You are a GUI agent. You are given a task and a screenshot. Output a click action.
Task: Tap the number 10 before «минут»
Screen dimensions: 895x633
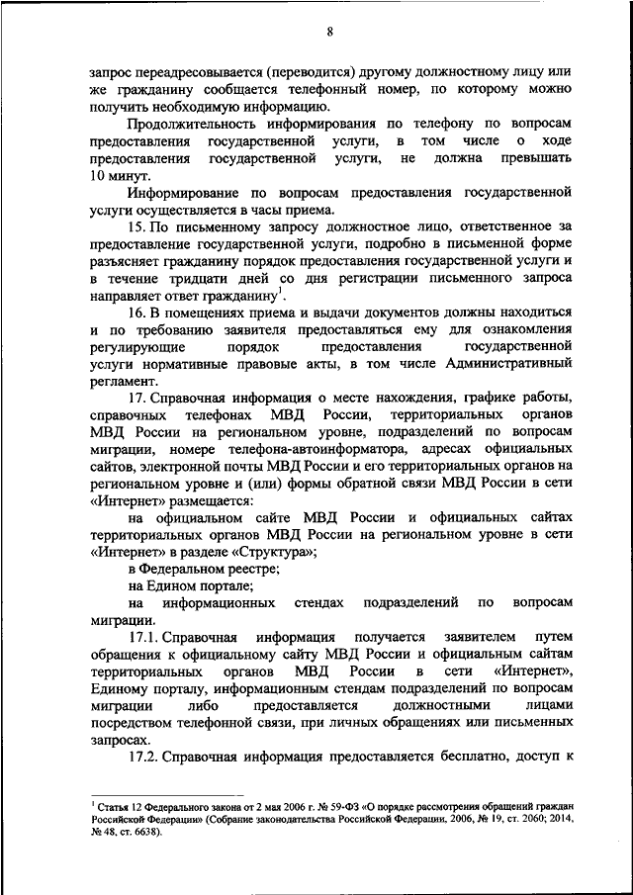pyautogui.click(x=98, y=175)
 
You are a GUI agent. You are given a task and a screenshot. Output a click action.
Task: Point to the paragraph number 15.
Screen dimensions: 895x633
pyautogui.click(x=137, y=227)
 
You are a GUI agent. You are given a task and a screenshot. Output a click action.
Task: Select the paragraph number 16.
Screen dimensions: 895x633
pyautogui.click(x=137, y=313)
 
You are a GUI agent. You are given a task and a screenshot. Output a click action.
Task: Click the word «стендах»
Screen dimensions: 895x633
pyautogui.click(x=321, y=602)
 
